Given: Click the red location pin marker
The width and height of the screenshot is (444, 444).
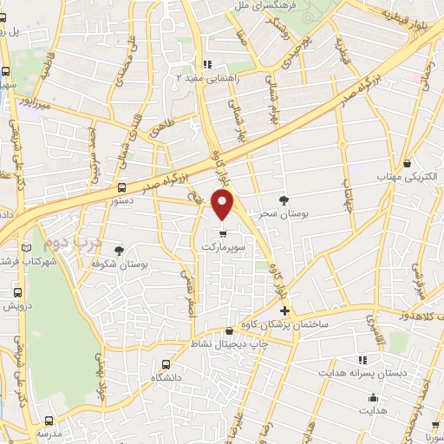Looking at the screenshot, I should pyautogui.click(x=223, y=206).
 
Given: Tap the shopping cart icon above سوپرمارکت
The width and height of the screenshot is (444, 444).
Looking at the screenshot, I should pyautogui.click(x=224, y=232).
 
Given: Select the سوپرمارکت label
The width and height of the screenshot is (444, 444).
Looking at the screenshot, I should pyautogui.click(x=224, y=246).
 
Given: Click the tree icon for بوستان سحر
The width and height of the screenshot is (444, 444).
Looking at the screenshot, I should pyautogui.click(x=283, y=200).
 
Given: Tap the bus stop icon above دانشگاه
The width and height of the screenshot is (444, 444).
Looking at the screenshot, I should pyautogui.click(x=167, y=365).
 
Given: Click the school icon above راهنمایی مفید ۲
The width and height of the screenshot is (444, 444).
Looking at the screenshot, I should pyautogui.click(x=206, y=64).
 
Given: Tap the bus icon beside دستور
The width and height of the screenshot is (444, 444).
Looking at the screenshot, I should pyautogui.click(x=121, y=186).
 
